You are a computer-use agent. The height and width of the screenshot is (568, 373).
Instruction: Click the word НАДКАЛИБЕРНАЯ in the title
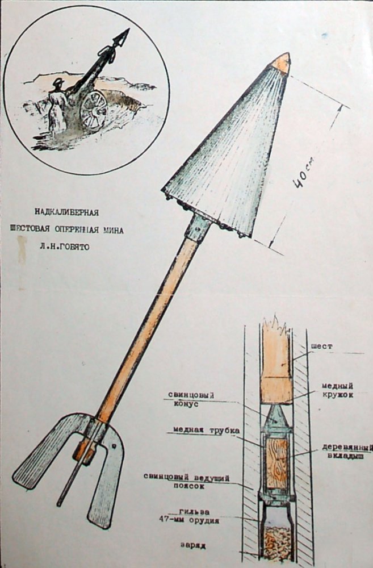[x=66, y=212]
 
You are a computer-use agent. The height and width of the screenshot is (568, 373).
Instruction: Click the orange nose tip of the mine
[x=282, y=63]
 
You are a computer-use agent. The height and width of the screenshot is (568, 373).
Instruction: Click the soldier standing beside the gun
[x=57, y=107]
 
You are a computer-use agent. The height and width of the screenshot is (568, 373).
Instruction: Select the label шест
[x=321, y=346]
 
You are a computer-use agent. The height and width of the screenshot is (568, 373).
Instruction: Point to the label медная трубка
[x=206, y=431]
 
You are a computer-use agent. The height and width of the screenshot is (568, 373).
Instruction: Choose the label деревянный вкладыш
[x=347, y=452]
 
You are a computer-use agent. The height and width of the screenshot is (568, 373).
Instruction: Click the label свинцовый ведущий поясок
[x=186, y=482]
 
